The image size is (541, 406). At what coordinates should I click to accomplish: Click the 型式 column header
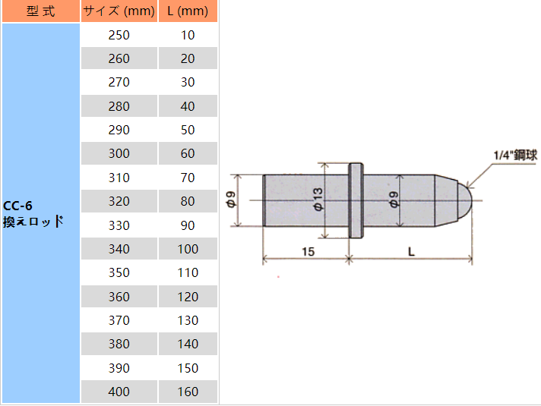point(40,11)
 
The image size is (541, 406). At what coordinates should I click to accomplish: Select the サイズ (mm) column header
point(119,11)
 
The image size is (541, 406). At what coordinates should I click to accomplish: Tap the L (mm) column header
point(188,11)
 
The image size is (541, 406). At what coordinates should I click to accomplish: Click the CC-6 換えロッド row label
point(32,213)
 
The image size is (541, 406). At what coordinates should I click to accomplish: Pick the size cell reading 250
point(119,35)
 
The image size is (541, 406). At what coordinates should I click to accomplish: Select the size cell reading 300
point(119,153)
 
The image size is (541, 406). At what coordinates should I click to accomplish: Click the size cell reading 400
point(119,392)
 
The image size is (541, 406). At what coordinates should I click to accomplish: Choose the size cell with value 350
point(119,272)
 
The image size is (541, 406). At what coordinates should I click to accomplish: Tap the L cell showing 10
point(188,35)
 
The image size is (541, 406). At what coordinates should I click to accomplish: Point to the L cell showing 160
point(188,392)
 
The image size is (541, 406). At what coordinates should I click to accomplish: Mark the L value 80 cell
point(188,201)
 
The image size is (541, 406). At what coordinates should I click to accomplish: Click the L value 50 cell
point(188,130)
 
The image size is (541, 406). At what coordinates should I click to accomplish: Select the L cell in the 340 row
point(188,249)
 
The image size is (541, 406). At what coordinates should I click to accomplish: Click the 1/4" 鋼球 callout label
point(514,155)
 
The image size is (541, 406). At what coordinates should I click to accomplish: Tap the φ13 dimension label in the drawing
point(318,200)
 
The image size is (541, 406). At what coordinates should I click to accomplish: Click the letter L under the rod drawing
point(410,251)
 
